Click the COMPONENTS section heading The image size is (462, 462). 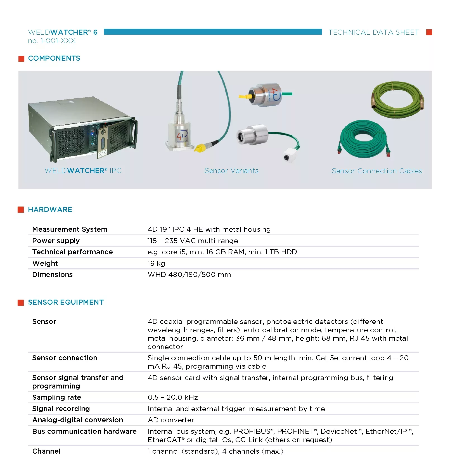pos(54,58)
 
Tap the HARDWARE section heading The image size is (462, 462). pos(50,209)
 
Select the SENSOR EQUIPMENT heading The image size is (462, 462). pos(66,302)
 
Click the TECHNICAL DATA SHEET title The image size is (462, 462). pos(373,32)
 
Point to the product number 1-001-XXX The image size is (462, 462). pos(52,41)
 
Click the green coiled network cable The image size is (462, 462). pos(363,138)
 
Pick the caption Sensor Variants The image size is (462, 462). pos(231,171)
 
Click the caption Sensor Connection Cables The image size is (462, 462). pos(376,171)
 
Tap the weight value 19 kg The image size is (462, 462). pos(156,263)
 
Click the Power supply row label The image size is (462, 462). pos(56,241)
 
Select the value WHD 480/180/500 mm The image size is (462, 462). pos(189,274)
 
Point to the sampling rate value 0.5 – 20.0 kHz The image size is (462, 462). pos(173,397)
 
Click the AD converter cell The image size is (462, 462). pos(171,420)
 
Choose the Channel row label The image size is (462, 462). pos(46,451)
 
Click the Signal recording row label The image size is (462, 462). pos(61,409)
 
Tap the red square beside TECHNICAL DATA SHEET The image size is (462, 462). pos(429,32)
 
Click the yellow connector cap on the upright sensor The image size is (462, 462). pos(200,148)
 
